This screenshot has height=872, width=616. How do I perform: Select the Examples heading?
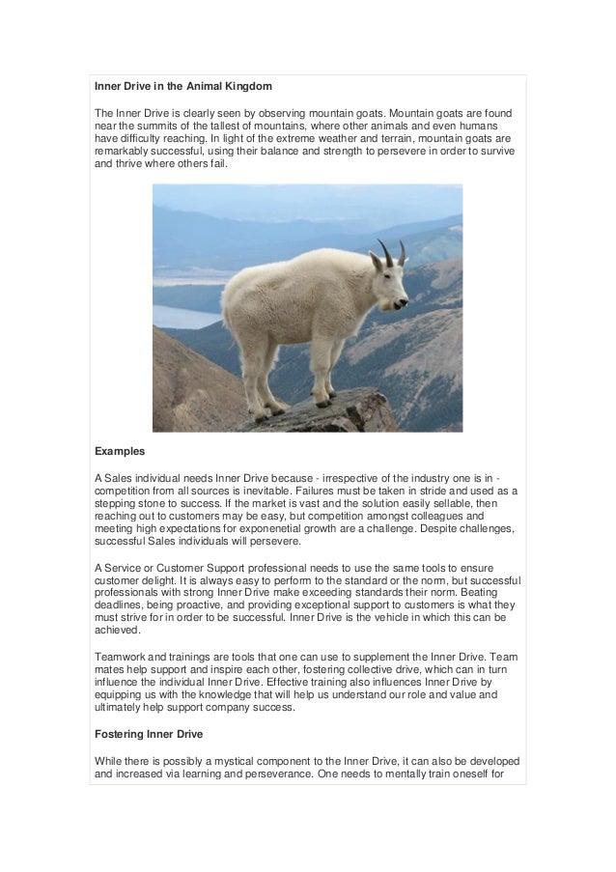120,451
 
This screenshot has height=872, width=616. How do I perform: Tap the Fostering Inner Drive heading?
148,734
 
